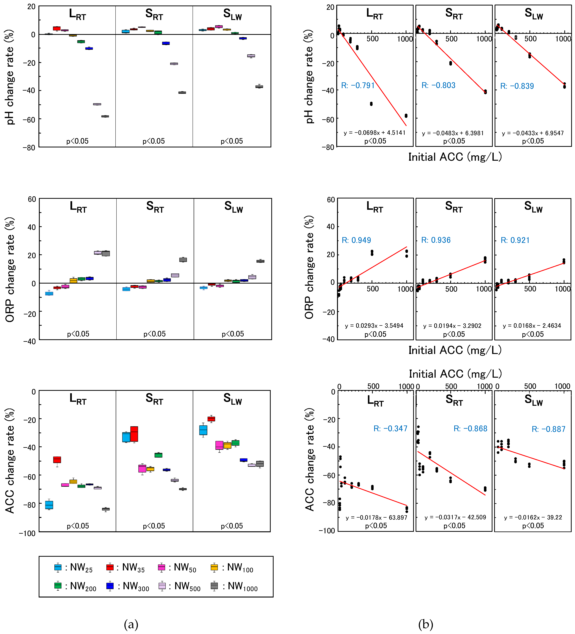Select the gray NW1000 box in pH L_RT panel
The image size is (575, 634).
tap(105, 116)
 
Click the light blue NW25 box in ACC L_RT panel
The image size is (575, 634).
tap(49, 505)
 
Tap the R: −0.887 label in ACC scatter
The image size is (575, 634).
tap(548, 429)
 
